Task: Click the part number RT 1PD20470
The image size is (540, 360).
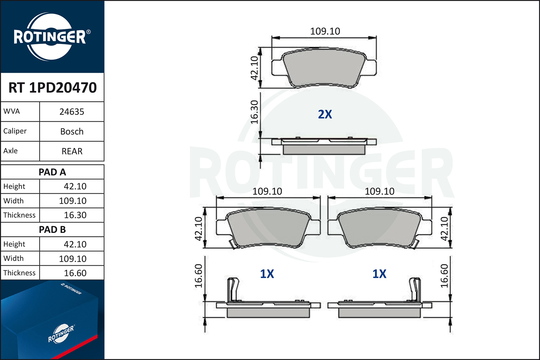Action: pos(53,87)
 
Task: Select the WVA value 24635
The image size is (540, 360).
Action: pos(72,112)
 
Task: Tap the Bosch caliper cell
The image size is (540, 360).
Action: pos(72,132)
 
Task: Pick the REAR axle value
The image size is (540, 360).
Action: pos(72,152)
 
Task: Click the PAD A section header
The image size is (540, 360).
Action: pos(52,172)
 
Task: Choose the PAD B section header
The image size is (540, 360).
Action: pos(52,230)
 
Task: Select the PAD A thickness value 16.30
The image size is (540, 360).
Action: pos(75,215)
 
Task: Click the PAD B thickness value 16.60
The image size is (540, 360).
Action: pos(75,273)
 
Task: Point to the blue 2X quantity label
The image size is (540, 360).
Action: pos(325,114)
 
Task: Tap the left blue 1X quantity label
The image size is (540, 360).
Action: pos(267,274)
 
